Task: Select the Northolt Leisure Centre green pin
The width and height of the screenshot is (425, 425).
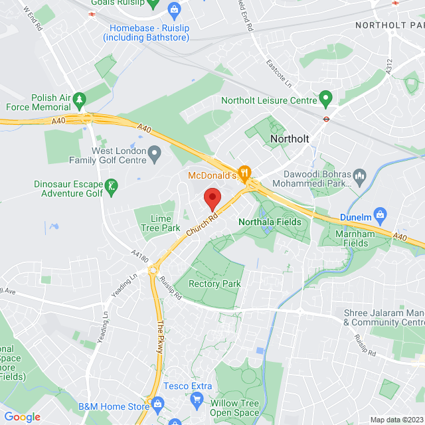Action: (x=325, y=100)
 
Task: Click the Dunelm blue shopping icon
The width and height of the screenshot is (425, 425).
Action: (x=379, y=216)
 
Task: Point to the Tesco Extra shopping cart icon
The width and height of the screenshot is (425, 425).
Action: (x=197, y=398)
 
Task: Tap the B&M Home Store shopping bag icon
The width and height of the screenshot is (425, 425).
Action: (x=157, y=404)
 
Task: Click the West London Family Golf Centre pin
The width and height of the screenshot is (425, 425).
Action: (x=155, y=155)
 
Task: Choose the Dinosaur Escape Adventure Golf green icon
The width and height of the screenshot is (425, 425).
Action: (x=112, y=188)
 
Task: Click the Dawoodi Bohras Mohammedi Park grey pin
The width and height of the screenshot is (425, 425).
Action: (x=359, y=177)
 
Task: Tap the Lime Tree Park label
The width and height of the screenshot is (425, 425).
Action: (x=156, y=223)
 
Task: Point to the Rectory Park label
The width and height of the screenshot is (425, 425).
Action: (x=214, y=284)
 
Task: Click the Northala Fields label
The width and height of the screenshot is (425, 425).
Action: (x=270, y=222)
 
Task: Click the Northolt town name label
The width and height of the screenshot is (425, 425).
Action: (x=290, y=138)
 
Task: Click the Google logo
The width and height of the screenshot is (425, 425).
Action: (x=23, y=417)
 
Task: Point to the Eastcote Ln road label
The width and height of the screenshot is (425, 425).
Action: (x=279, y=74)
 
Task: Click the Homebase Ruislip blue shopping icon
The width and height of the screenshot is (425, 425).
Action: (x=174, y=9)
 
